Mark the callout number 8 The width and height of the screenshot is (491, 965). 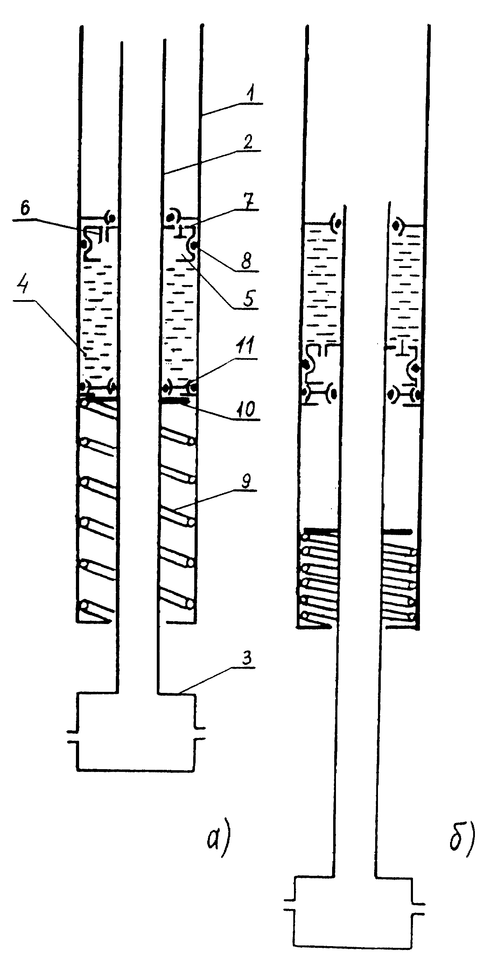(x=246, y=261)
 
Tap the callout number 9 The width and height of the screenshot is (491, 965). (x=246, y=481)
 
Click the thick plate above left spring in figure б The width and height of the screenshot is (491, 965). (x=321, y=531)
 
